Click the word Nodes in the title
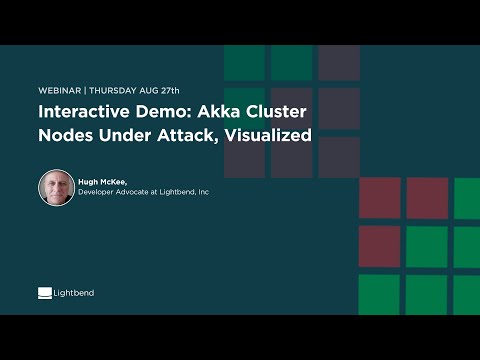(x=67, y=135)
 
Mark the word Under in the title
(x=128, y=135)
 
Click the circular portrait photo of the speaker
(x=56, y=188)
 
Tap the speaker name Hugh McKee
(x=106, y=181)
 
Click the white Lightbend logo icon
(x=45, y=293)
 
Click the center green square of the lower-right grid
(x=427, y=246)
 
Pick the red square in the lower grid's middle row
(x=379, y=246)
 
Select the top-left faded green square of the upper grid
(x=244, y=62)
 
